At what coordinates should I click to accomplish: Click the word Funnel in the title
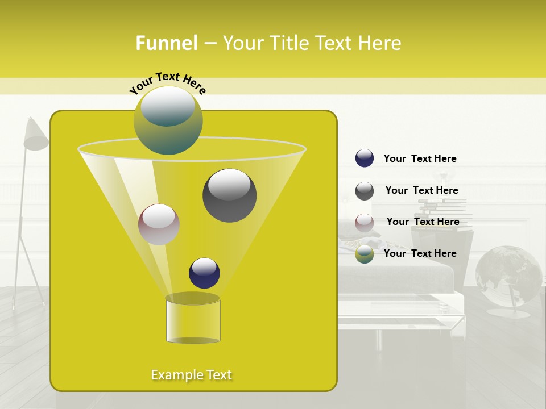(167, 43)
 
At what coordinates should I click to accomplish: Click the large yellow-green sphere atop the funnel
(168, 120)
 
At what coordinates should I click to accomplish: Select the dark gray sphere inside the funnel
(229, 195)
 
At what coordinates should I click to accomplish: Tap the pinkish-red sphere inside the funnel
(159, 224)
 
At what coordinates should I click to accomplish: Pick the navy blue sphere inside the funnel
(204, 273)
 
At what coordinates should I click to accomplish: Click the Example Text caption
(192, 375)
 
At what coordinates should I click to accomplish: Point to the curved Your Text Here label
(168, 82)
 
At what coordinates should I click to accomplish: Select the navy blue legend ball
(365, 158)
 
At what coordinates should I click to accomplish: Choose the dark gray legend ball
(365, 191)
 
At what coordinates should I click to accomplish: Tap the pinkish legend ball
(365, 222)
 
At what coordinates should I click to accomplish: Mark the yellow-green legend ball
(365, 254)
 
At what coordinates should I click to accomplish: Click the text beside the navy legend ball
(420, 158)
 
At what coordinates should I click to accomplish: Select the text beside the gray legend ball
(421, 190)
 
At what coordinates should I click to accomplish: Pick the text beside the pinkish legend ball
(423, 222)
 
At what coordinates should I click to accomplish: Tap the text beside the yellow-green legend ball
(420, 253)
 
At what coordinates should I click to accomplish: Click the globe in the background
(508, 276)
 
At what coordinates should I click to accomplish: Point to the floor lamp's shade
(36, 135)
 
